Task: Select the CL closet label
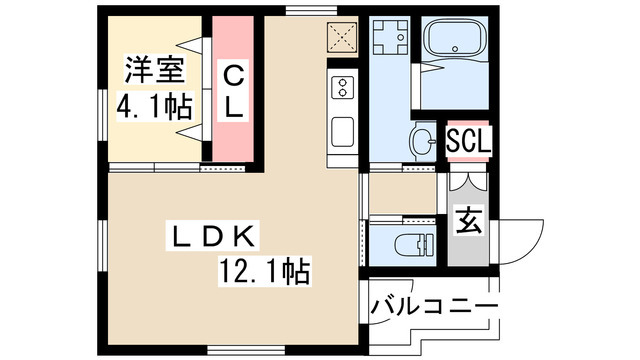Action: click(x=232, y=92)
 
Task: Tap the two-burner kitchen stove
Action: click(x=342, y=88)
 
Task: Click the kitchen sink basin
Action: click(x=341, y=131)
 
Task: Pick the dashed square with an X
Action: click(x=342, y=38)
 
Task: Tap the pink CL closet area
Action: click(x=232, y=130)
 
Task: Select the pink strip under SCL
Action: click(x=468, y=163)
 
